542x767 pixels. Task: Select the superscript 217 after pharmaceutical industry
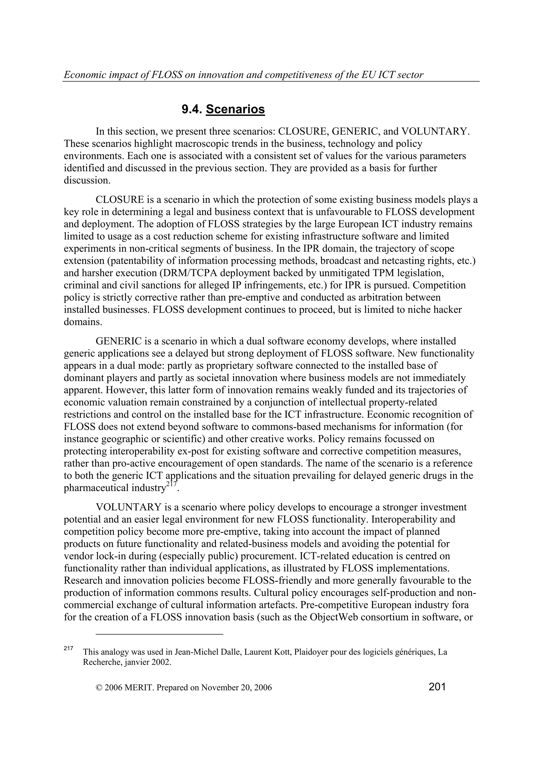click(171, 485)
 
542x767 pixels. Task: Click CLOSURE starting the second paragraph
click(120, 200)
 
